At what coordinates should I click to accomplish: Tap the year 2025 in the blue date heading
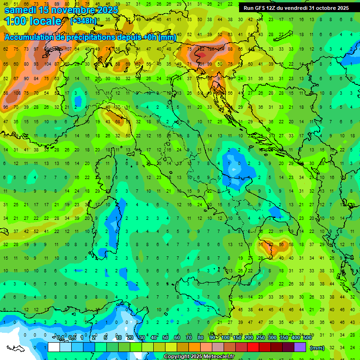pyautogui.click(x=105, y=9)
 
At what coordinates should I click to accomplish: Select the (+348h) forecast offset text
pyautogui.click(x=83, y=21)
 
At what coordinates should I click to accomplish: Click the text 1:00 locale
pyautogui.click(x=33, y=21)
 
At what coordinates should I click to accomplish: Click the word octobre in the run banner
pyautogui.click(x=322, y=8)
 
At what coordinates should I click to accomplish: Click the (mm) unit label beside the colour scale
pyautogui.click(x=317, y=348)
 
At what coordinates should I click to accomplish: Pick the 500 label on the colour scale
pyautogui.click(x=307, y=337)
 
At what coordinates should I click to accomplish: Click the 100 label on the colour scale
pyautogui.click(x=225, y=337)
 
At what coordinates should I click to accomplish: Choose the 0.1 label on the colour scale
pyautogui.click(x=60, y=337)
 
